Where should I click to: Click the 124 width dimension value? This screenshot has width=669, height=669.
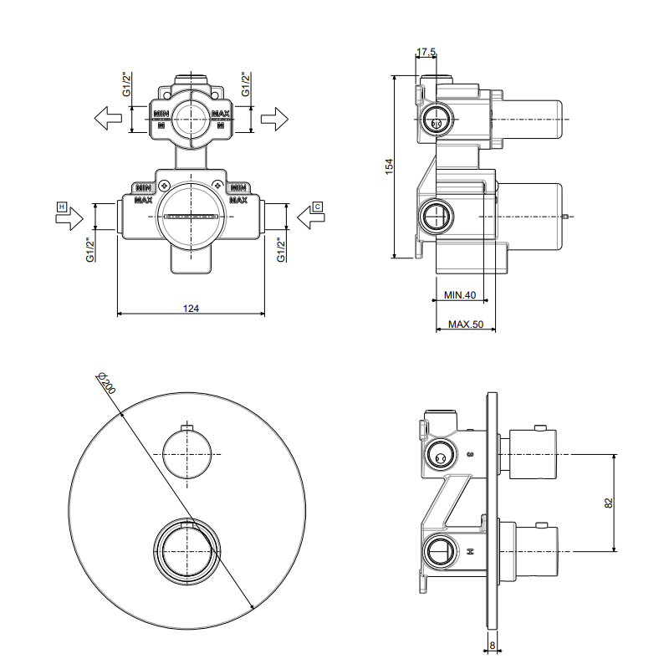[191, 308]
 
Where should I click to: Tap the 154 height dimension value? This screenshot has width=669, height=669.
[389, 166]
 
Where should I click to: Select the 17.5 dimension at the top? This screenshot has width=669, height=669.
[426, 52]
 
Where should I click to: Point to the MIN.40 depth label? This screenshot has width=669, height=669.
[459, 295]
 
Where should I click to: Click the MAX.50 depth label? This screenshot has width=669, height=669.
[466, 324]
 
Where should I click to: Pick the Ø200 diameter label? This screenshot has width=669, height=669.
[106, 383]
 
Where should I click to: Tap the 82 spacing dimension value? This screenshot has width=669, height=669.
[609, 503]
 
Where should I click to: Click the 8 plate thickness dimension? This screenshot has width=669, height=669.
[493, 645]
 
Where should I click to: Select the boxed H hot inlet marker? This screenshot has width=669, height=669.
[62, 207]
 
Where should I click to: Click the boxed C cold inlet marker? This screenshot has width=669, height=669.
[318, 207]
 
